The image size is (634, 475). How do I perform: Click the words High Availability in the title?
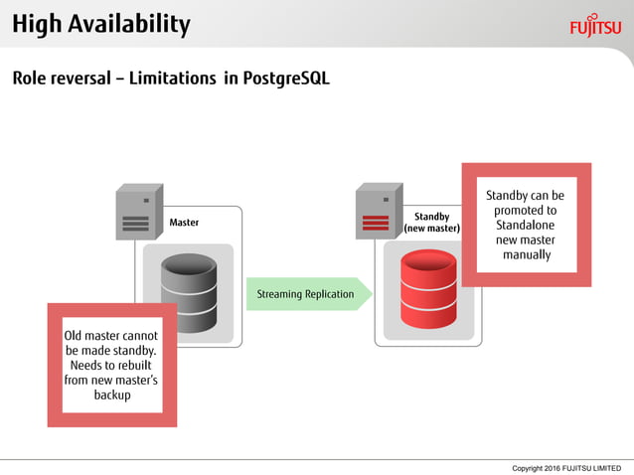point(101,24)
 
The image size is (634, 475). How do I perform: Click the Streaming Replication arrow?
point(308,294)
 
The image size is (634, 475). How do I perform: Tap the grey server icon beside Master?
point(138,212)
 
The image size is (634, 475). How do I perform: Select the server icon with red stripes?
point(379,211)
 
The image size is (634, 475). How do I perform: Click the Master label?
point(184,223)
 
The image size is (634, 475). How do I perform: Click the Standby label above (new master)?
point(431,217)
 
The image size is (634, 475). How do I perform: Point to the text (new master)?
point(431,229)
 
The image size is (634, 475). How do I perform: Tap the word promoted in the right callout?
point(525,211)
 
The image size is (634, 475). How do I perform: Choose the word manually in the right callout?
point(526,255)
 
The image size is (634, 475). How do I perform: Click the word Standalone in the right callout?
point(526,226)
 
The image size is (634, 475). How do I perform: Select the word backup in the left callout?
point(112,395)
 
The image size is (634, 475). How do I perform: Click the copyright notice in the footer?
point(565,467)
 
